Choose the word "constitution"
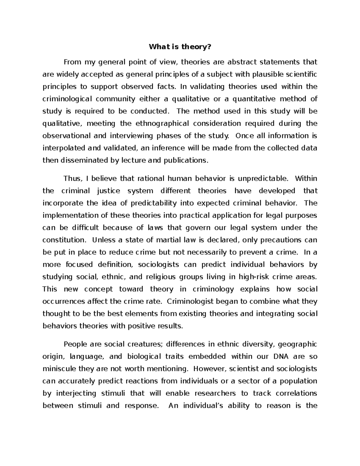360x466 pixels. click(x=64, y=240)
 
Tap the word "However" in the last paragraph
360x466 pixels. click(x=207, y=369)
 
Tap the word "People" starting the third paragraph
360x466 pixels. click(x=74, y=344)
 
